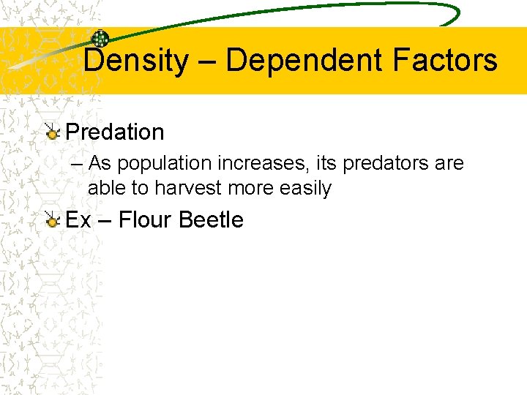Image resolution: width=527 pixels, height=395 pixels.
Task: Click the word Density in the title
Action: click(x=135, y=61)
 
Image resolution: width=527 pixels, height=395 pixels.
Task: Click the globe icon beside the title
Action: click(x=100, y=39)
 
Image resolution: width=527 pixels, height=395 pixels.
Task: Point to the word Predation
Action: click(x=115, y=132)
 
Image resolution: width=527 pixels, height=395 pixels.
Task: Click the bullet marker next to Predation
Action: click(x=52, y=132)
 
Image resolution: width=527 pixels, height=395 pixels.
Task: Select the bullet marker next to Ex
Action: click(x=52, y=219)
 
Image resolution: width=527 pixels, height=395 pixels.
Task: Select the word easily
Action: click(x=306, y=189)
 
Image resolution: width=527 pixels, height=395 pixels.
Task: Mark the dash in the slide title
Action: click(x=206, y=61)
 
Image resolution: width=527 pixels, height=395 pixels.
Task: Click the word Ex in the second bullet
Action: click(x=78, y=219)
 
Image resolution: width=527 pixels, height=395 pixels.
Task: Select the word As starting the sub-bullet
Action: click(x=100, y=164)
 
